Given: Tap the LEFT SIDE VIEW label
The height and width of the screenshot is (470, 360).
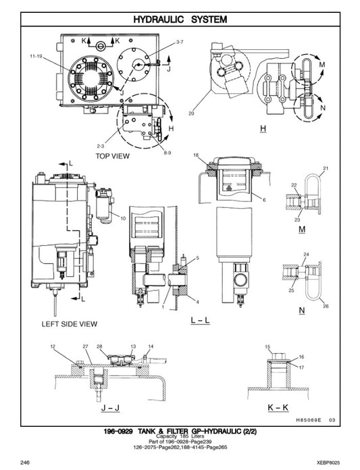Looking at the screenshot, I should [70, 324].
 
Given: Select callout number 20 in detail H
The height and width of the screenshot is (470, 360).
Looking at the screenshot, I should [191, 113].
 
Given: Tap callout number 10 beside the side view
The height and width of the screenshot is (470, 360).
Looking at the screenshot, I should [123, 217].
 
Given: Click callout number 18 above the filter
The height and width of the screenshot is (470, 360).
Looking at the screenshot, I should [195, 156].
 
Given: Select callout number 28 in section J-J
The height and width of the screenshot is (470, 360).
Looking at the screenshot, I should [99, 346].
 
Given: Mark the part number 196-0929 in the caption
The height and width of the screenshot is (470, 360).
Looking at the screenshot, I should [118, 431].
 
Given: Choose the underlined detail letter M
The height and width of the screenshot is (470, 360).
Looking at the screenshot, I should [303, 230].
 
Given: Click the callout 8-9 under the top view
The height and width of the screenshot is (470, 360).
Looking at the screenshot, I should [167, 154].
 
